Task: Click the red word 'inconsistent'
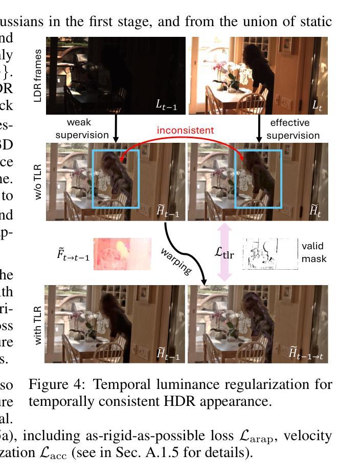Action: pyautogui.click(x=185, y=130)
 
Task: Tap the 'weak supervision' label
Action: pyautogui.click(x=82, y=129)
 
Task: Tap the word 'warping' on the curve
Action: pyautogui.click(x=176, y=262)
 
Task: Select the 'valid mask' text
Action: pyautogui.click(x=313, y=252)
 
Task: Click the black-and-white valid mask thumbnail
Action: pyautogui.click(x=270, y=254)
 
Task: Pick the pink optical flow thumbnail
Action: pyautogui.click(x=122, y=254)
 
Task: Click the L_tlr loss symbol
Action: pyautogui.click(x=224, y=252)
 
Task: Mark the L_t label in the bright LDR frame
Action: pyautogui.click(x=318, y=105)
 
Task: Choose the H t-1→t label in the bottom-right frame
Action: pyautogui.click(x=306, y=353)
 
